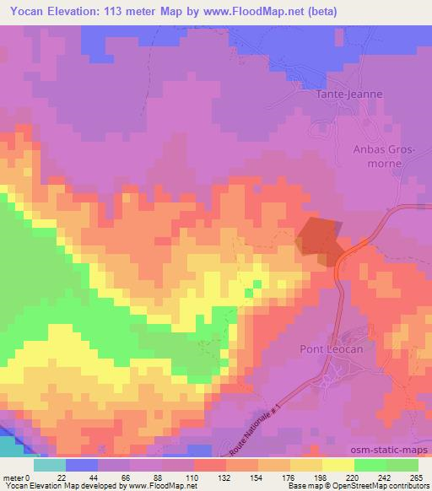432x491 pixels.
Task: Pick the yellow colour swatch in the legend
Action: (338, 465)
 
